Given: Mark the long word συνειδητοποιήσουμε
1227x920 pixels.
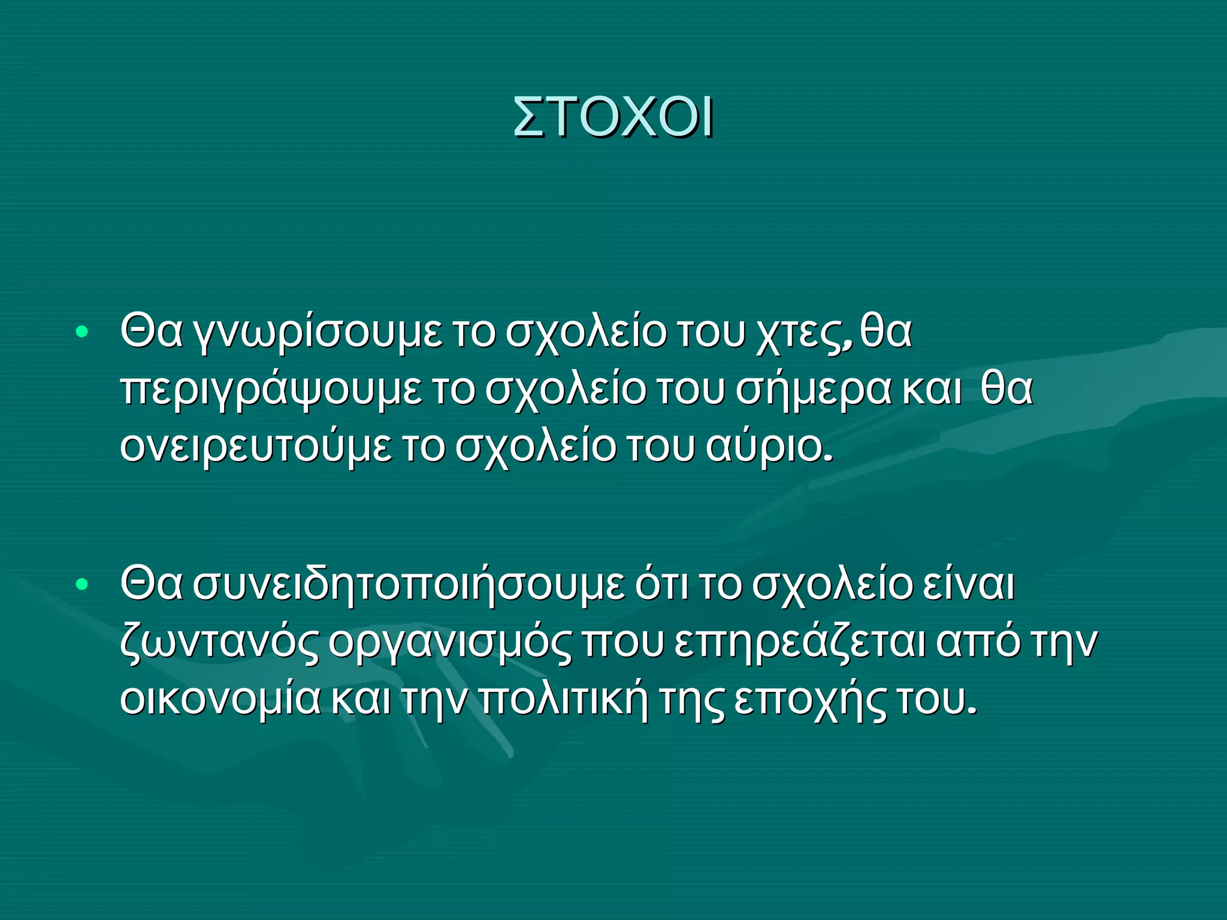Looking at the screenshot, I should pyautogui.click(x=407, y=585).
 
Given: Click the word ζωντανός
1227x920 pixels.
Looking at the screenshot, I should pyautogui.click(x=219, y=642).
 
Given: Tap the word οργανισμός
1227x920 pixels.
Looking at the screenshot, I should pyautogui.click(x=449, y=642).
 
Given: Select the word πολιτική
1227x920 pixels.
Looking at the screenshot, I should pyautogui.click(x=564, y=699).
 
